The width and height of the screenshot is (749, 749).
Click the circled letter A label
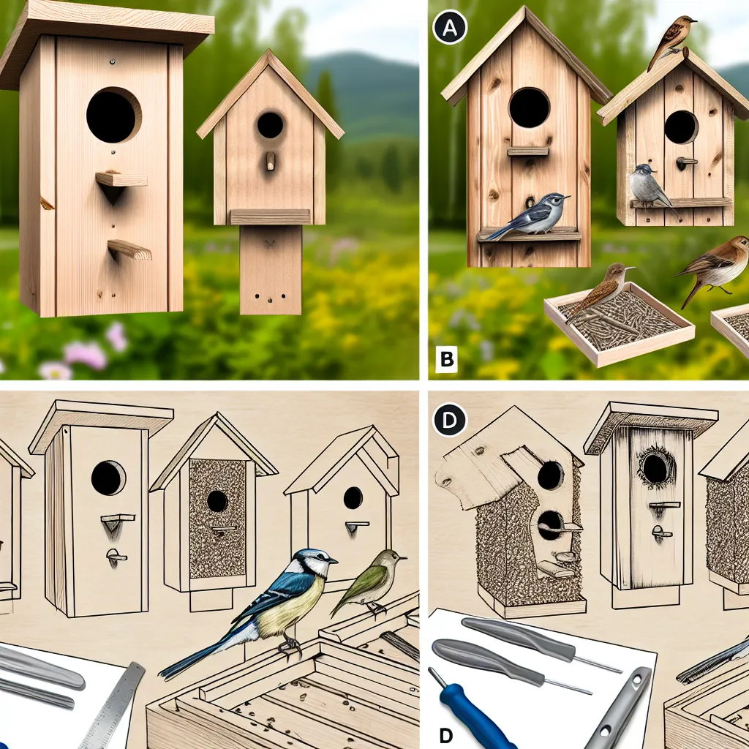450,28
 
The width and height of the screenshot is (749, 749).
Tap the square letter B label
447,359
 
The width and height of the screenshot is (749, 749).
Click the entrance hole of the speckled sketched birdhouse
217,501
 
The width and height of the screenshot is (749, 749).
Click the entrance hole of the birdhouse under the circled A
530,108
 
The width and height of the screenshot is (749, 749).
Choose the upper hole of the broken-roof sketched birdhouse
550,475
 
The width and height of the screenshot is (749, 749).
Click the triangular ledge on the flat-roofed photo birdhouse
121,184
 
